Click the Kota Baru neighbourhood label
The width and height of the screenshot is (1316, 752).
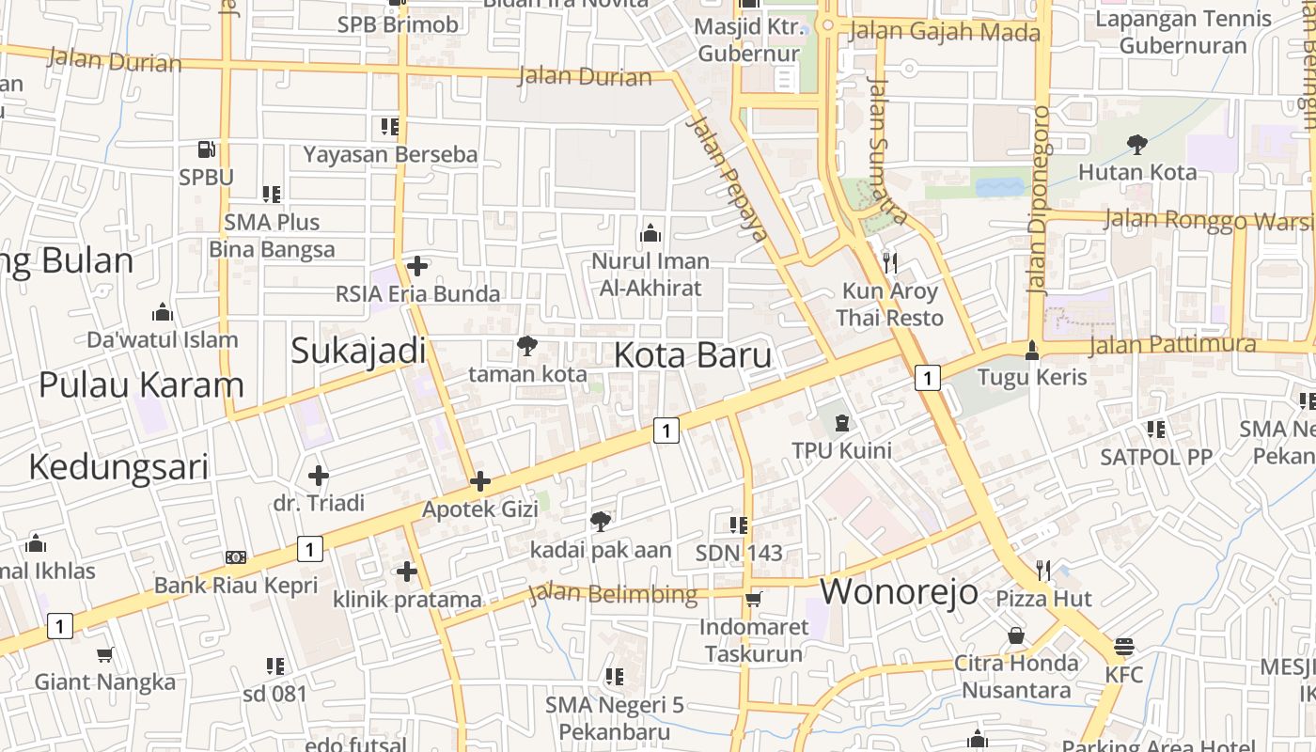point(693,355)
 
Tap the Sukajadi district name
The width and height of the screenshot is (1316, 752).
point(358,351)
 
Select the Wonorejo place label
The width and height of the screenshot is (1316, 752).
point(900,592)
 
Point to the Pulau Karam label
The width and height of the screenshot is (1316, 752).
point(141,384)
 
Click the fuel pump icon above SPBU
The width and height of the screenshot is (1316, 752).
point(206,149)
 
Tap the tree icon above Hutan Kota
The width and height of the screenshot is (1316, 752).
point(1136,144)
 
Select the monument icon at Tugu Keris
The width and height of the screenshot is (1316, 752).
point(1032,350)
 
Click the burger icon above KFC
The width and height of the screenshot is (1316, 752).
point(1124,647)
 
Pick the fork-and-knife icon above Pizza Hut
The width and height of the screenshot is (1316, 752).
point(1043,570)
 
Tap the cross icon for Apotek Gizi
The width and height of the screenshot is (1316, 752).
point(480,481)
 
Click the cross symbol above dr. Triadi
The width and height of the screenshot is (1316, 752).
point(319,475)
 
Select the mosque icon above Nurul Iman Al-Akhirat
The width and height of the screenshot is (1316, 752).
point(649,232)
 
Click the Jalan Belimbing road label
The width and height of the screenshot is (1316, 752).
point(613,594)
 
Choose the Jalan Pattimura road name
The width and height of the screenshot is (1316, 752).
point(1172,344)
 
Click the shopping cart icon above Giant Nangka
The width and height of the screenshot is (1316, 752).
point(105,654)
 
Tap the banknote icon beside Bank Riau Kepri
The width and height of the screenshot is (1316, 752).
point(236,557)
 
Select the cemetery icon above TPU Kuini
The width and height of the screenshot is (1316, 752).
point(841,423)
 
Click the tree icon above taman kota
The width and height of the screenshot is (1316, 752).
point(527,346)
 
